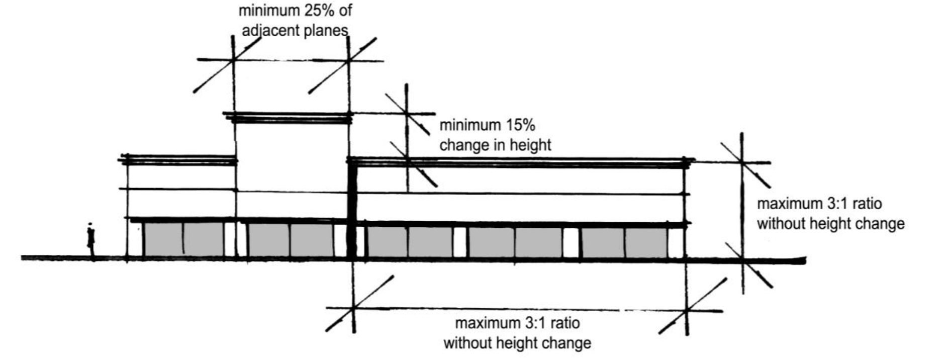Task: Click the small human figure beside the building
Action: (x=90, y=240)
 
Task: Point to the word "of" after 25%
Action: (x=345, y=10)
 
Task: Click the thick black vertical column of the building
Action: (x=352, y=211)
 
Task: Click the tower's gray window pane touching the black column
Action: (x=312, y=240)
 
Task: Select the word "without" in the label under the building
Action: (x=468, y=343)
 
